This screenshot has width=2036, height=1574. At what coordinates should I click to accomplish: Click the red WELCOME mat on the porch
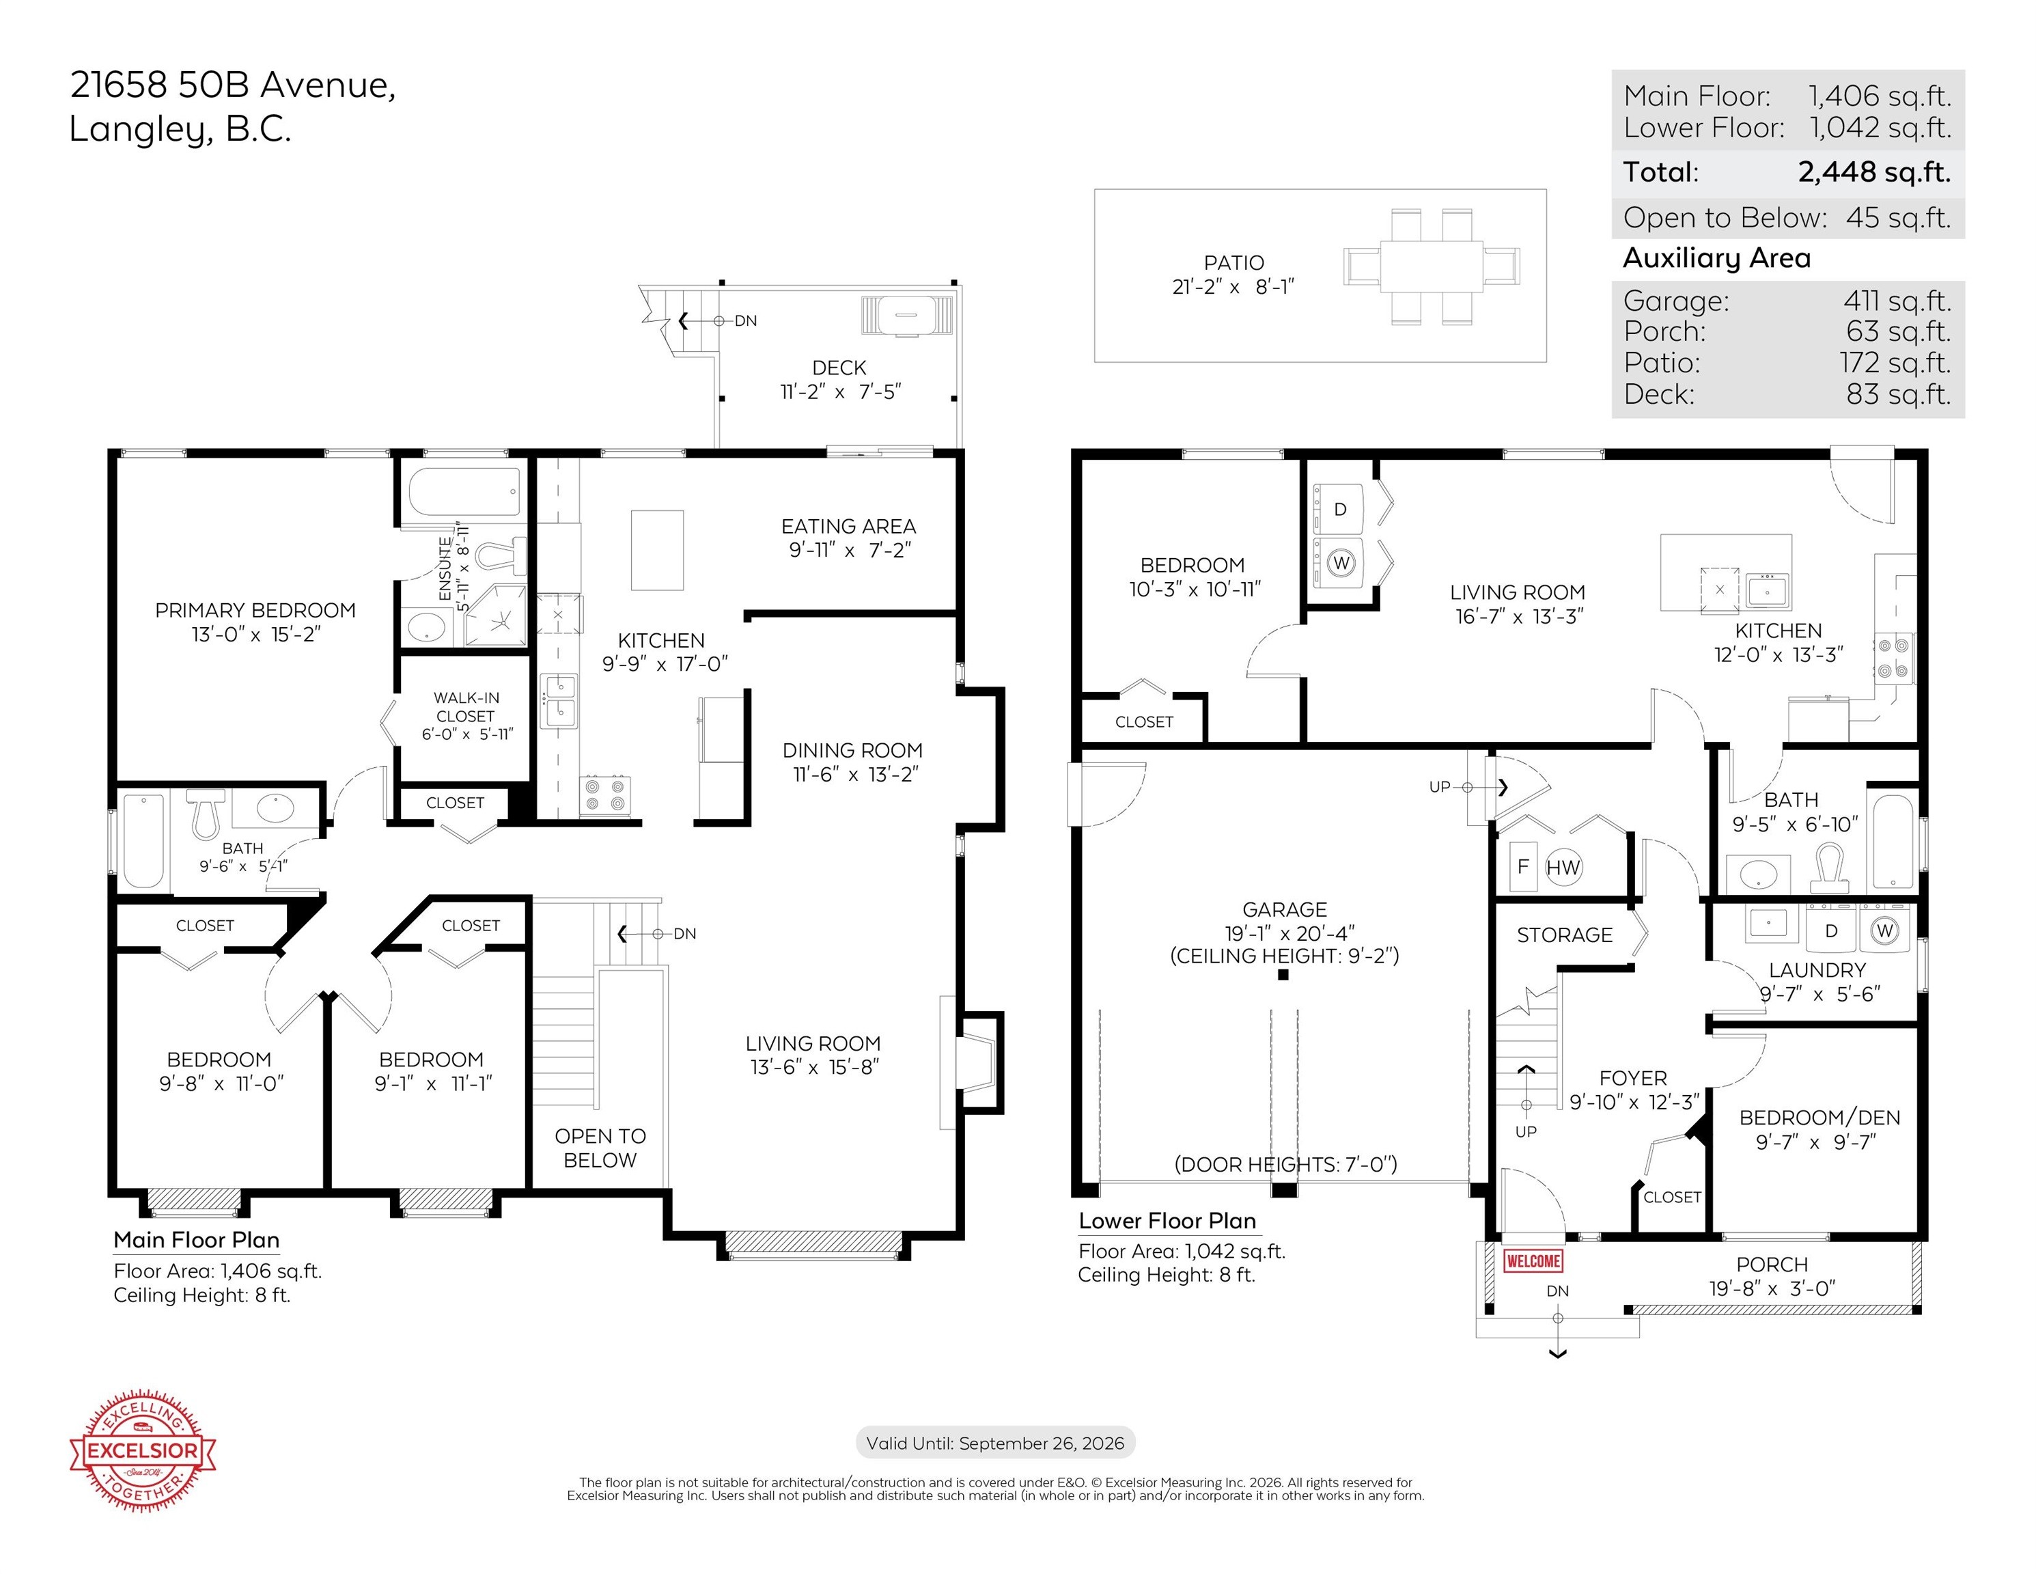[1533, 1260]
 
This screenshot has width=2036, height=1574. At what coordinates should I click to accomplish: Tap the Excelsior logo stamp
[143, 1450]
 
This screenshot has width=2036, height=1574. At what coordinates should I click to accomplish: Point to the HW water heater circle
[1563, 867]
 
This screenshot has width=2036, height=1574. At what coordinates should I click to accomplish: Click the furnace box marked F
[1523, 867]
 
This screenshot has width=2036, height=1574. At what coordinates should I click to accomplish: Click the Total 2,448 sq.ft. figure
[1874, 171]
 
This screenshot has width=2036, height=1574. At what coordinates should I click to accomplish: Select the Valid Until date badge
[996, 1443]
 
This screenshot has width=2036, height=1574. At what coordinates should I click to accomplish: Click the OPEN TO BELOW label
[600, 1148]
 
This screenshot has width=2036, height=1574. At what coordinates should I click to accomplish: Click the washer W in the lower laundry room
[1885, 930]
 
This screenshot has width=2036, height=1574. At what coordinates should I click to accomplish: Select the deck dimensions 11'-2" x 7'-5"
[840, 391]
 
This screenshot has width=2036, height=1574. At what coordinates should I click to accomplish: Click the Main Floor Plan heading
[197, 1240]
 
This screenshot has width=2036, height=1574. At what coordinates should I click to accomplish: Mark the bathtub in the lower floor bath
[1893, 841]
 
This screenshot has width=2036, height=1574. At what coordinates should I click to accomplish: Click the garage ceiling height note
[1285, 956]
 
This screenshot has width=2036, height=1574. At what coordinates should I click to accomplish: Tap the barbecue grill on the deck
[907, 315]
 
